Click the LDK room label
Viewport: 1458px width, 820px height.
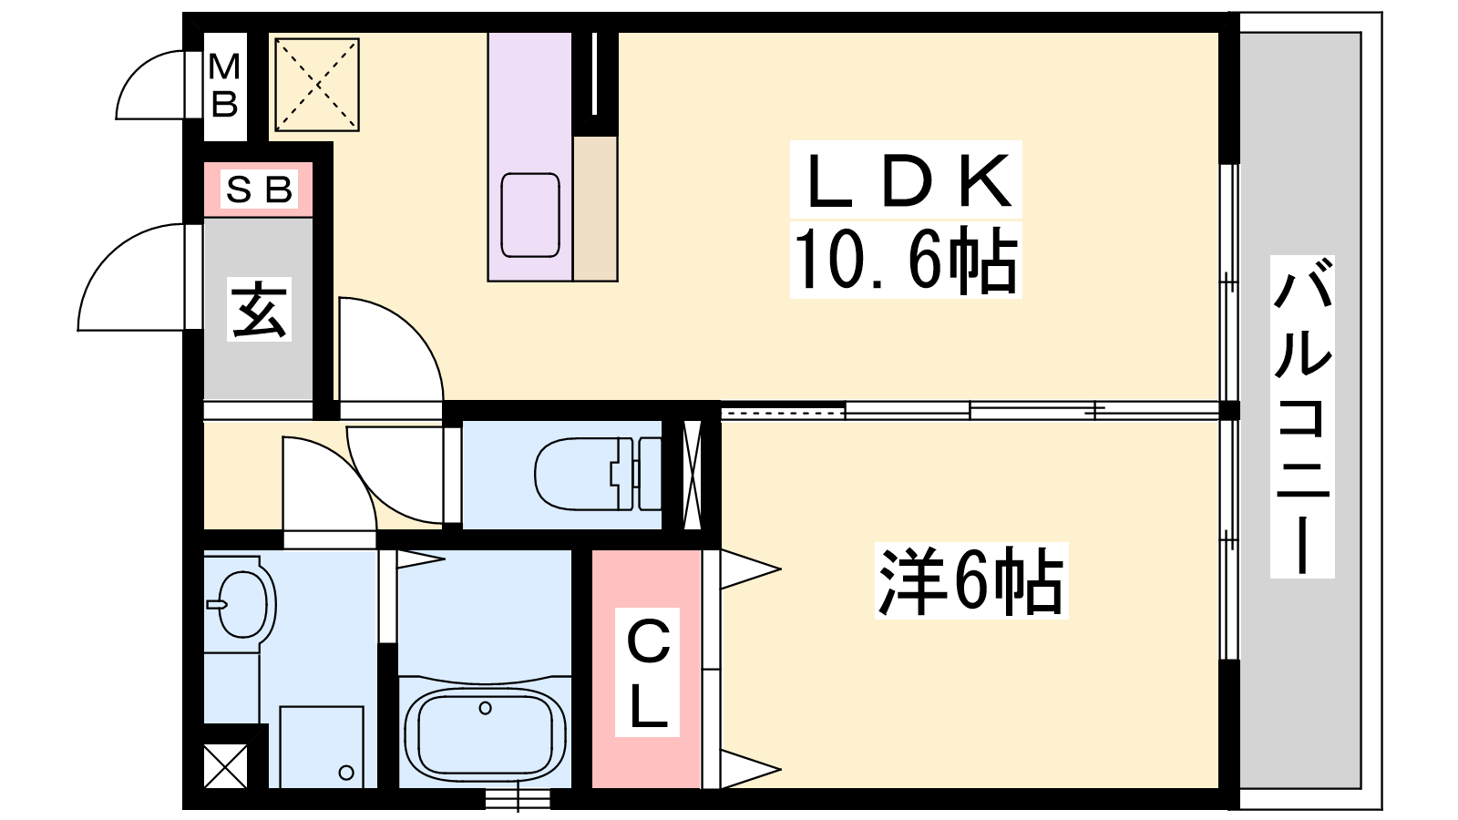click(x=907, y=180)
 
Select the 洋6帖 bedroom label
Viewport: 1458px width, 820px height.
click(x=970, y=581)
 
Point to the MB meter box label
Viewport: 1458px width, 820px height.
click(x=224, y=86)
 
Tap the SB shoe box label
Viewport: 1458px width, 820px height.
click(x=259, y=190)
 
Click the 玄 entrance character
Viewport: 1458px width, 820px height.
click(x=259, y=311)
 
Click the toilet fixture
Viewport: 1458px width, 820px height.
click(x=597, y=473)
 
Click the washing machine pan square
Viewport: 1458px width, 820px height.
click(x=321, y=747)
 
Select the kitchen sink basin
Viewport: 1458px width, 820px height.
click(x=529, y=215)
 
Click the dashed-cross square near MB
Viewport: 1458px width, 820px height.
click(x=317, y=85)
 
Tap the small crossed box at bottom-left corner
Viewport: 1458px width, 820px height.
click(x=225, y=765)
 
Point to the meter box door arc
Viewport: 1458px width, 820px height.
click(x=150, y=85)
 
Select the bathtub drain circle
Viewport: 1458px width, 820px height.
click(x=485, y=708)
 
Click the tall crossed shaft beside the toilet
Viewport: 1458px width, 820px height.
click(x=692, y=474)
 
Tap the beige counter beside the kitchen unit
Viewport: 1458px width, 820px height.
click(x=595, y=208)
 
